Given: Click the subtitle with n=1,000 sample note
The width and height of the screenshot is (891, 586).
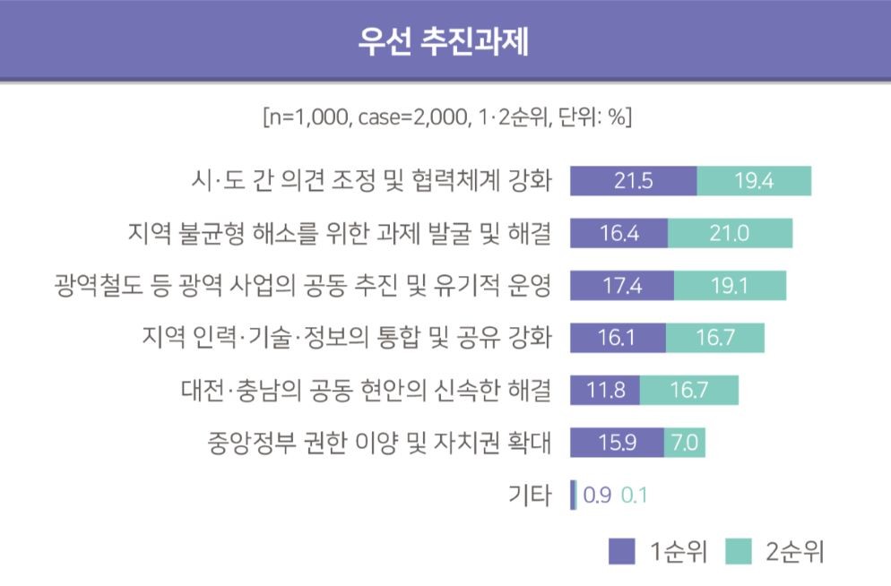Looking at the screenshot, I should tap(445, 117).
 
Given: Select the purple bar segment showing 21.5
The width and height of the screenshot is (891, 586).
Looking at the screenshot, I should tap(633, 181).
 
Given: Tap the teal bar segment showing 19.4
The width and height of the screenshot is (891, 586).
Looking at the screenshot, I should tap(754, 181).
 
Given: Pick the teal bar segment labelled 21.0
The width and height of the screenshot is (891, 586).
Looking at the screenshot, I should tap(730, 233).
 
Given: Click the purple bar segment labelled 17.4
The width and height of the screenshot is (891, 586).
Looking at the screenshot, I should tap(622, 286).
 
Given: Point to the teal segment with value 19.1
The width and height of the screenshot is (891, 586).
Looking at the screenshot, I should tap(730, 286).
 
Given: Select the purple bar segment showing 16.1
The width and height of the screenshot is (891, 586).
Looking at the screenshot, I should tap(618, 338).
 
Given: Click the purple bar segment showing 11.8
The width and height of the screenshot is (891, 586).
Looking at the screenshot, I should tap(605, 391).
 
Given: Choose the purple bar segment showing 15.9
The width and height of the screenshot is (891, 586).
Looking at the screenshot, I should tap(617, 443).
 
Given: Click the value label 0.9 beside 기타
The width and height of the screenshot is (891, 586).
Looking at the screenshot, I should tap(597, 495).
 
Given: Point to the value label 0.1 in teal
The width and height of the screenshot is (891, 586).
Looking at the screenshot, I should tap(634, 495).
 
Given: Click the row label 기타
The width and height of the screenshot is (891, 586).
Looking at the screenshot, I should tap(529, 495).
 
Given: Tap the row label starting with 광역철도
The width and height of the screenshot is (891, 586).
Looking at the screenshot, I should tap(303, 286).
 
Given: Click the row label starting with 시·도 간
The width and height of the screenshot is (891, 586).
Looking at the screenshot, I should tap(366, 181).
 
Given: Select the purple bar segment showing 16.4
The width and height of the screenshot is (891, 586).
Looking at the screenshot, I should tap(619, 233).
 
